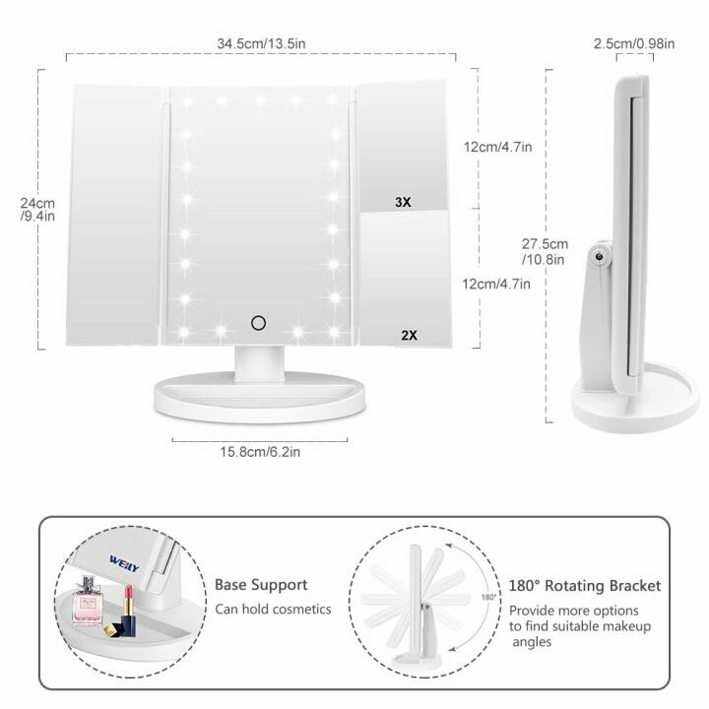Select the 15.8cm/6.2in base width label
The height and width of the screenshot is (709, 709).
tap(259, 452)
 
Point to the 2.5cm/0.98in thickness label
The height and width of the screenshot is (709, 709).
tap(635, 43)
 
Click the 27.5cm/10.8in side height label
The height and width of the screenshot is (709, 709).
tap(545, 251)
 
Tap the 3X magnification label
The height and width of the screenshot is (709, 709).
tap(402, 202)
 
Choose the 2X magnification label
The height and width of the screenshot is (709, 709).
tap(409, 335)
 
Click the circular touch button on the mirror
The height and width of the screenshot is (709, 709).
tap(259, 321)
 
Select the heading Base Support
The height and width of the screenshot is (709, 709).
tap(261, 585)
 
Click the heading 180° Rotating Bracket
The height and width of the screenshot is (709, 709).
tap(585, 585)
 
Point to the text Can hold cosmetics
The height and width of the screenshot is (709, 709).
tap(273, 610)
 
